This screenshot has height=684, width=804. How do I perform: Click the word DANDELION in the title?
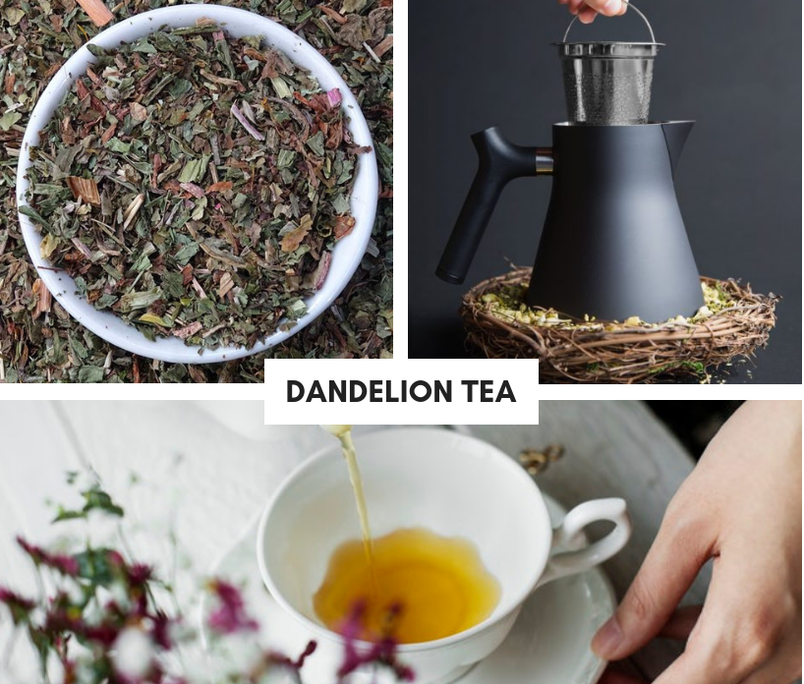(360, 392)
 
